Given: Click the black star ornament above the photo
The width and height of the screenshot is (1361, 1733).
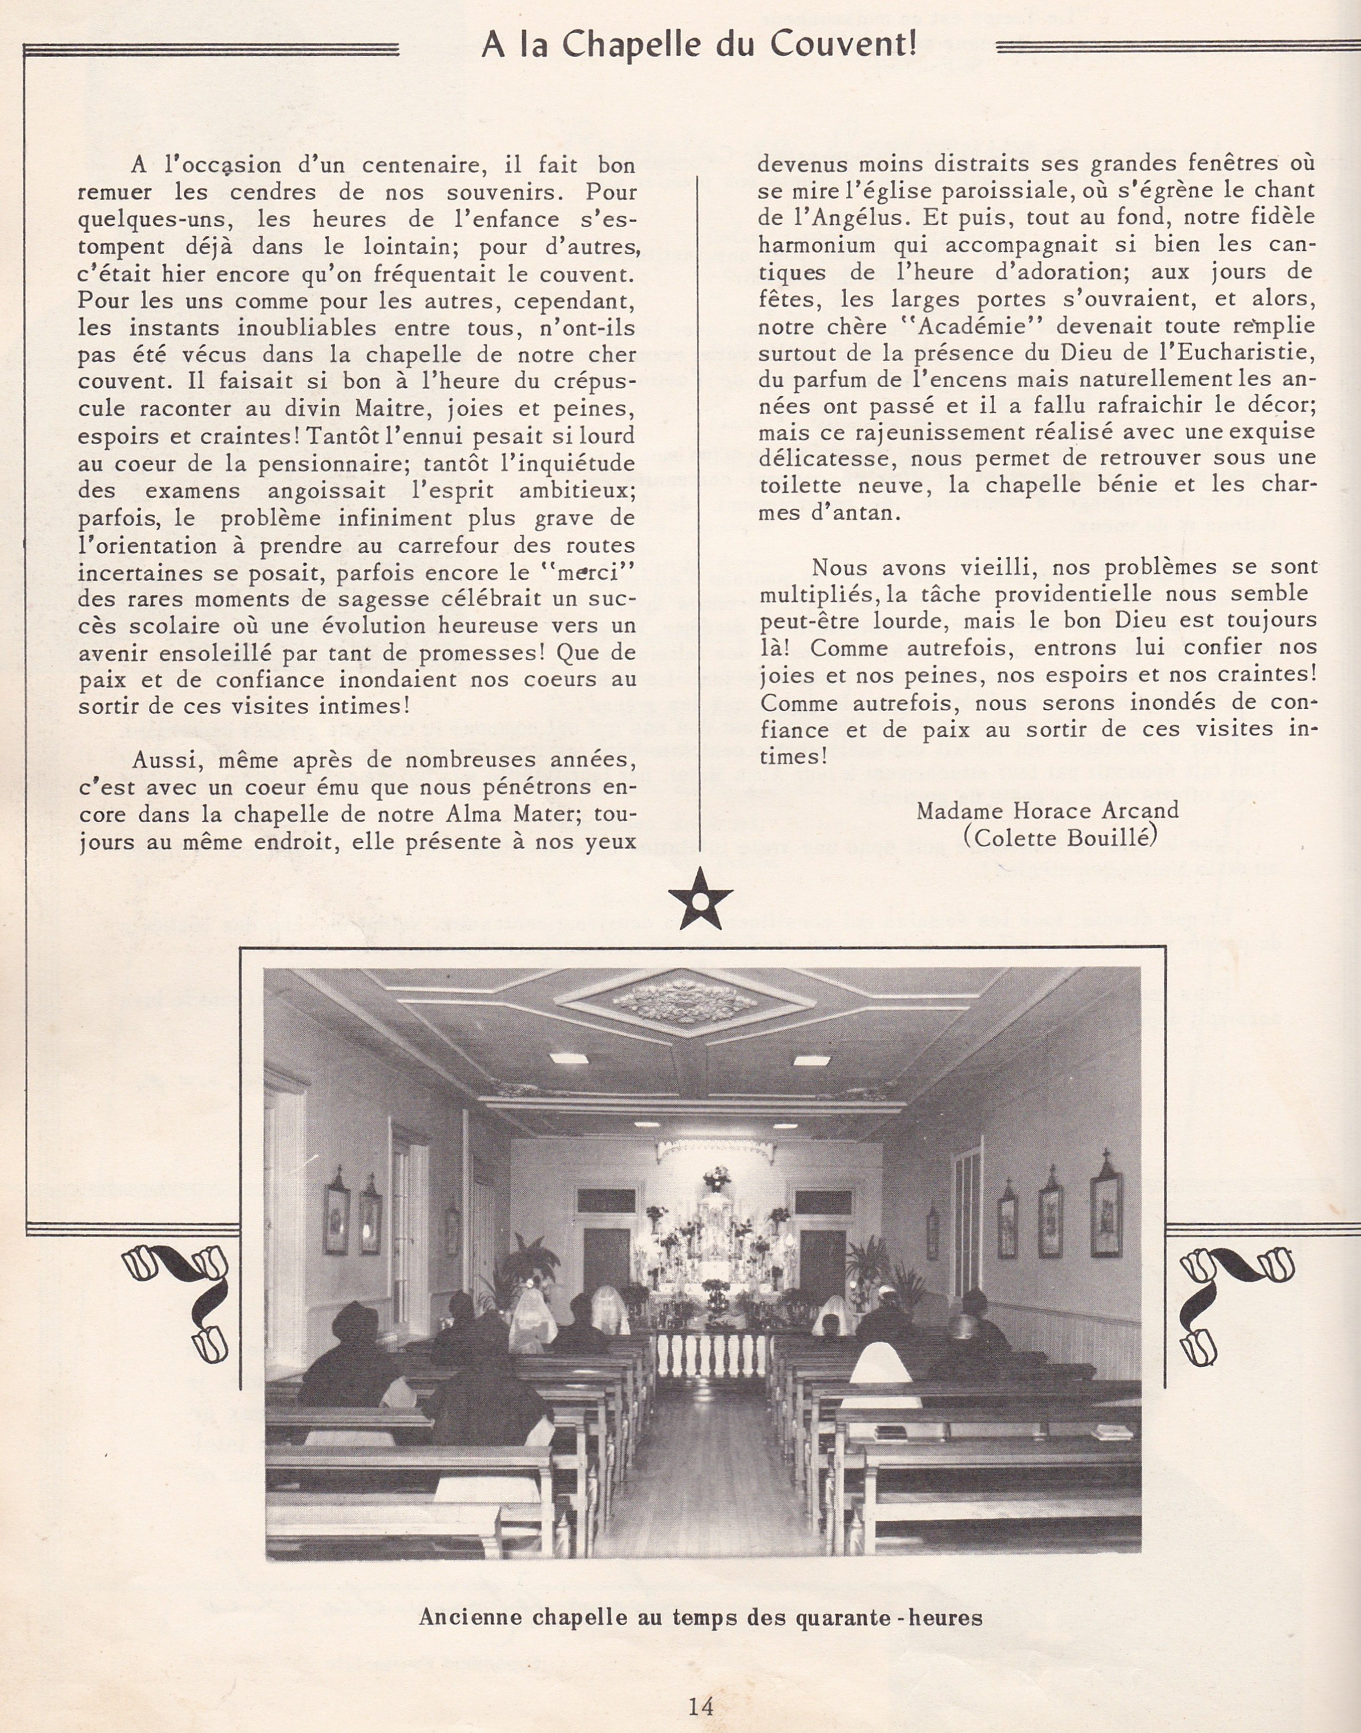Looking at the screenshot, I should coord(700,898).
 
